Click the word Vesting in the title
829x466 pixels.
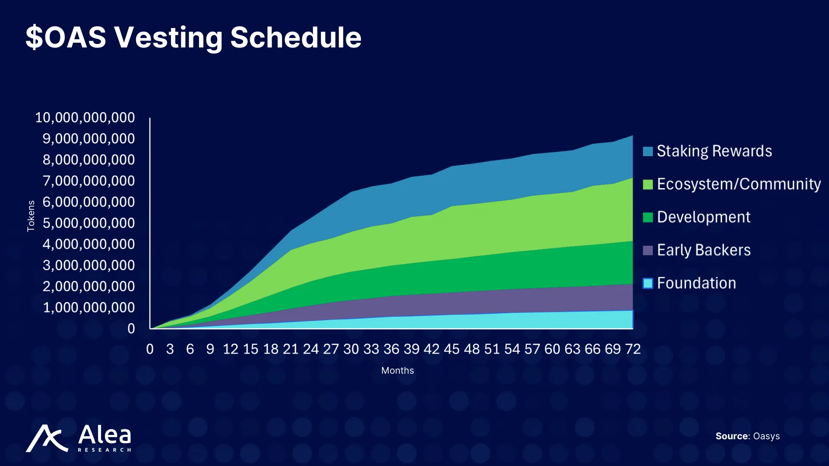point(168,38)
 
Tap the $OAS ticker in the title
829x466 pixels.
point(66,38)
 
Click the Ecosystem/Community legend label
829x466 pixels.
point(738,184)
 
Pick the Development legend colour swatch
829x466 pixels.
point(648,217)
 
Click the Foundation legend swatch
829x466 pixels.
point(648,283)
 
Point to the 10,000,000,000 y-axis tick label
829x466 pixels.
point(85,117)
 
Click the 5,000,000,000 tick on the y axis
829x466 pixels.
point(89,223)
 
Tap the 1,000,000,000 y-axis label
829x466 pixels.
point(89,308)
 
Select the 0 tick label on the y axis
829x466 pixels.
point(131,329)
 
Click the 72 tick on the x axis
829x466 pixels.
point(633,349)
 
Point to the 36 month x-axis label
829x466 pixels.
point(391,349)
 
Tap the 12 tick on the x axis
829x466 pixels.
point(230,349)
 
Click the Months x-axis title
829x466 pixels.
point(397,371)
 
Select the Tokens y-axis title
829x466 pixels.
point(31,216)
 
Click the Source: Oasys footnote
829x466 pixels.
point(747,436)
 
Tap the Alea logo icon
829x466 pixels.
point(47,438)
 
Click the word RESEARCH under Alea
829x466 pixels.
point(104,450)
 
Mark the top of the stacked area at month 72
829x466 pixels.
point(633,136)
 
